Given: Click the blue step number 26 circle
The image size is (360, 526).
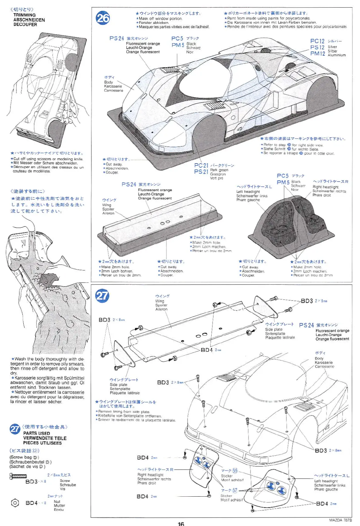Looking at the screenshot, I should tap(103, 18).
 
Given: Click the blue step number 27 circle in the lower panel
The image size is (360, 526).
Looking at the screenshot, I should tap(102, 296).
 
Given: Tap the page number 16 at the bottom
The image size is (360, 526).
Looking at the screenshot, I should tap(181, 523).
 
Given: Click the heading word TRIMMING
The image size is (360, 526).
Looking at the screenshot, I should tap(24, 15).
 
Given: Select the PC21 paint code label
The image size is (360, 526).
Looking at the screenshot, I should tap(201, 165).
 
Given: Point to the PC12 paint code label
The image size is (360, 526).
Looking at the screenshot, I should tap(317, 41).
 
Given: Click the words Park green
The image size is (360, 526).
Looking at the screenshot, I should tap(219, 170).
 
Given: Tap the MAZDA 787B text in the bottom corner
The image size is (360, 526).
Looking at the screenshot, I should tap(340, 520).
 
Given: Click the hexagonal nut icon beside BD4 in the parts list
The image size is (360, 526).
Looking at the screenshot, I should tap(15, 503).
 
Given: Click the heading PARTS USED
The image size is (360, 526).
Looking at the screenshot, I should tap(36, 433).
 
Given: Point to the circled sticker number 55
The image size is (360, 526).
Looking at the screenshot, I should tap(235, 471).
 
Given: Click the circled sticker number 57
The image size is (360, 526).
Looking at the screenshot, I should tap(235, 490).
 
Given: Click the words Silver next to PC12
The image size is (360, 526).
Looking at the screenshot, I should tap(332, 47).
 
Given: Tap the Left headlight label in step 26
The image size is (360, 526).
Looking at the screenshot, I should tap(248, 191).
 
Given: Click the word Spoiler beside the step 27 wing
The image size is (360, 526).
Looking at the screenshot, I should tap(161, 305).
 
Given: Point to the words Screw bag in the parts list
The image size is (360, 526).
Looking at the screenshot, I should tap(21, 457).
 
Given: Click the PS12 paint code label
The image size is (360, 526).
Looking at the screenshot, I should tap(317, 47).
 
